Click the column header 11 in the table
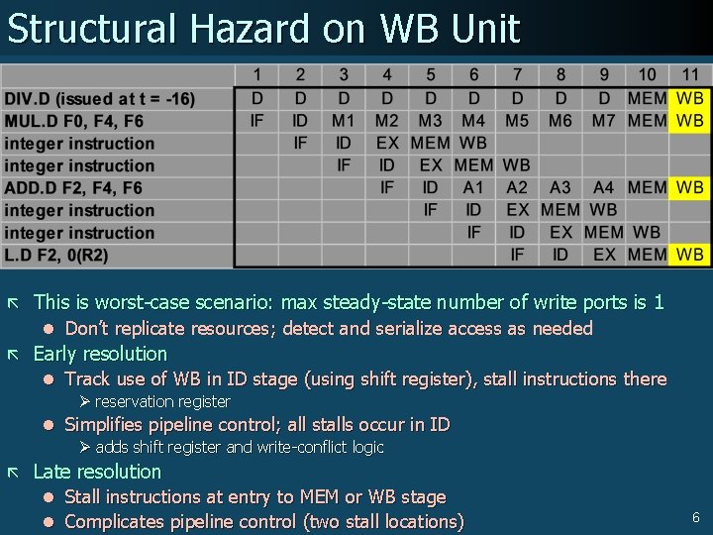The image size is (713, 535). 690,75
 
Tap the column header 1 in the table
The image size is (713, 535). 257,75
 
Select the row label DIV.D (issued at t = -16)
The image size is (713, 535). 100,98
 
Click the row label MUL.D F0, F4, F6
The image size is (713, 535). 73,121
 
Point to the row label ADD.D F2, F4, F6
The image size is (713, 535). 73,188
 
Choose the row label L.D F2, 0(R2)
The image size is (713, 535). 56,256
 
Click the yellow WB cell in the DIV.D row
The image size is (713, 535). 690,98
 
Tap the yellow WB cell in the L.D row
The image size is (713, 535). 690,255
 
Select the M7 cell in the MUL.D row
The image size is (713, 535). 604,121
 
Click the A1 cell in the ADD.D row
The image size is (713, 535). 474,187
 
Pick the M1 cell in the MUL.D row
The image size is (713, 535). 344,121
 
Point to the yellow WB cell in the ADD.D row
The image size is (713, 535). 690,187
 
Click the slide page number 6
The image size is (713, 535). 696,517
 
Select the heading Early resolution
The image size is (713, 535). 100,354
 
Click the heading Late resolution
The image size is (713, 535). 97,472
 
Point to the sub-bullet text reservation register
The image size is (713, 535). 162,401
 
